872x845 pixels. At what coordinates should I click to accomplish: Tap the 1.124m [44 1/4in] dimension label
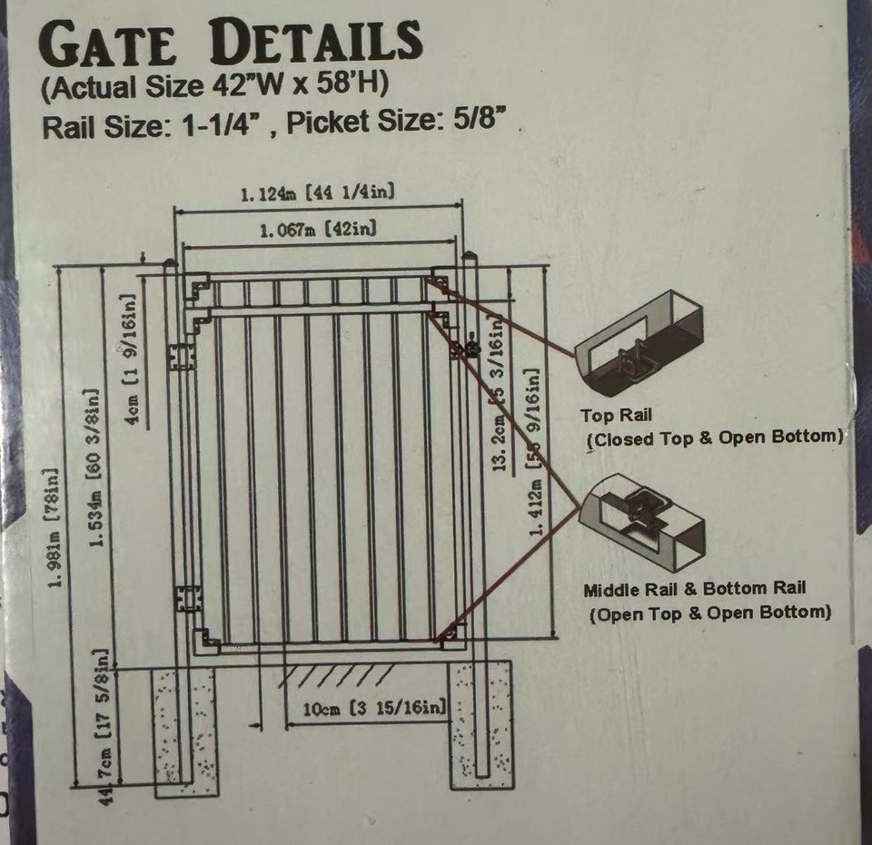point(316,192)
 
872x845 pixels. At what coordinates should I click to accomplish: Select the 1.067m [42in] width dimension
point(318,230)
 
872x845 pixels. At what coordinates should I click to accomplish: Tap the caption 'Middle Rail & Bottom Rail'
point(694,590)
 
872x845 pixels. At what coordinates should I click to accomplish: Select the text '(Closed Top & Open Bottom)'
point(715,437)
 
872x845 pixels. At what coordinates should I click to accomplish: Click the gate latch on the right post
point(472,344)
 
